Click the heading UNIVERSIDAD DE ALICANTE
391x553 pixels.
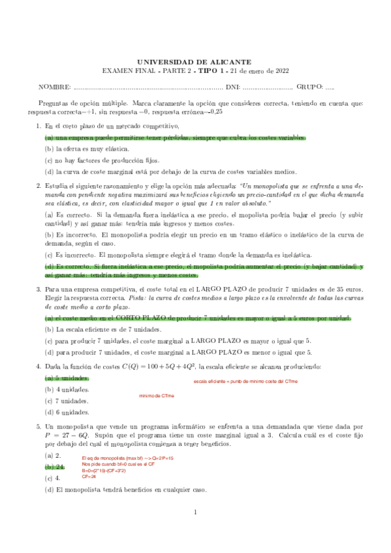[195, 61]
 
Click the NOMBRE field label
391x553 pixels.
[54, 87]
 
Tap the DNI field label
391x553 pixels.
[232, 87]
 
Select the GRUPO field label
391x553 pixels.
[309, 87]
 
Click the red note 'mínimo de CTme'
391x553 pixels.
[157, 396]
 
